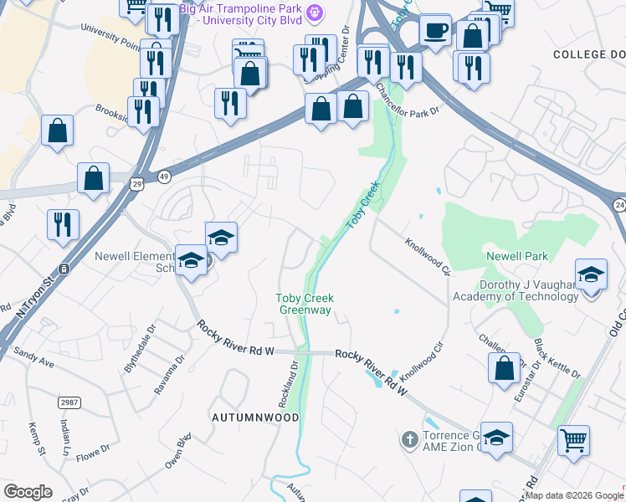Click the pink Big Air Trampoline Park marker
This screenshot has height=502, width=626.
[x=314, y=13]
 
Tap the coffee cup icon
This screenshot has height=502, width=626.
[x=434, y=31]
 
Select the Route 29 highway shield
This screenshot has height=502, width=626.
[x=134, y=182]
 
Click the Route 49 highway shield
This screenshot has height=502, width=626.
[x=164, y=177]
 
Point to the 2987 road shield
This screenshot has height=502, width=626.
[x=69, y=403]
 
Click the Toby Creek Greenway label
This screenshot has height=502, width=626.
[x=305, y=304]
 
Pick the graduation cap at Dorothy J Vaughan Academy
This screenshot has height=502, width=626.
[x=590, y=275]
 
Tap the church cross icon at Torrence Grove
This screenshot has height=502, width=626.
[x=409, y=439]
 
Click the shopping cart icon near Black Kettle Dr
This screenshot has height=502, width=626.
[x=573, y=439]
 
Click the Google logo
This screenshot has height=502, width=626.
[x=28, y=492]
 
